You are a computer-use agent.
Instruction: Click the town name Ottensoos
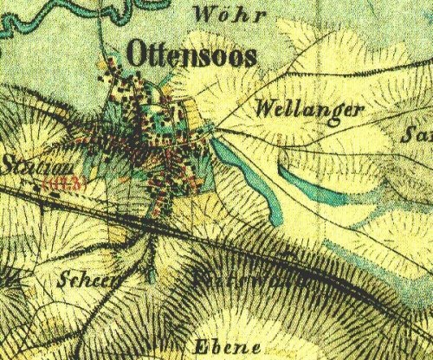192,54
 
